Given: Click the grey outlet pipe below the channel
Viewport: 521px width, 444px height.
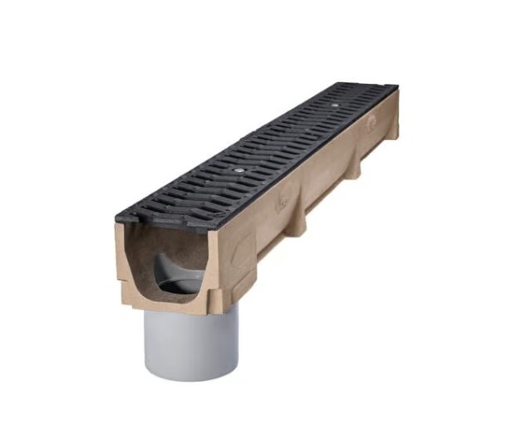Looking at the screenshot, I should coord(190,340).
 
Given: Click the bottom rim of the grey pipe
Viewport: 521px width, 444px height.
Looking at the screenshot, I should coord(191,375).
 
